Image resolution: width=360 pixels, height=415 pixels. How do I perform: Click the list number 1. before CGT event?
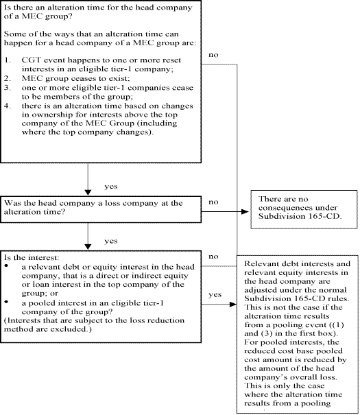click(8, 60)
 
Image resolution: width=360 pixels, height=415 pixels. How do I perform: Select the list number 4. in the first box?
click(8, 106)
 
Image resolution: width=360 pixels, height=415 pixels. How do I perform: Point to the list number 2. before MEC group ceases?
click(8, 78)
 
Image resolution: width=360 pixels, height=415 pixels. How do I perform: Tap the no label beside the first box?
click(213, 55)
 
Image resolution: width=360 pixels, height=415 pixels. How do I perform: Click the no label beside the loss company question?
click(213, 202)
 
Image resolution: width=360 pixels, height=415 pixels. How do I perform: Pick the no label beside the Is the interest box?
click(213, 257)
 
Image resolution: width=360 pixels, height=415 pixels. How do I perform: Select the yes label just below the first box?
click(111, 187)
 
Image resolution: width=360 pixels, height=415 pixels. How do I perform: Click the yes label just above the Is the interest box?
click(111, 241)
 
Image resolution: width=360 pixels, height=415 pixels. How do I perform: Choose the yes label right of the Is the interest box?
click(215, 294)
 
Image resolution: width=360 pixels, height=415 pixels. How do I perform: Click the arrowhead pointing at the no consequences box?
click(245, 211)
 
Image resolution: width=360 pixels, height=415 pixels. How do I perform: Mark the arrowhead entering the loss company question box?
click(88, 193)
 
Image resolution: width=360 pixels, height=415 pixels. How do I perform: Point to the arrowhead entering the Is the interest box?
click(88, 247)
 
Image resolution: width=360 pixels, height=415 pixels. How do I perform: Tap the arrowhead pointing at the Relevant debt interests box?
click(233, 305)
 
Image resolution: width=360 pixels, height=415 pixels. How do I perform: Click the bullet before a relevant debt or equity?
click(6, 265)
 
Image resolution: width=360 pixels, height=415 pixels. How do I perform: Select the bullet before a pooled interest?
click(6, 301)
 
